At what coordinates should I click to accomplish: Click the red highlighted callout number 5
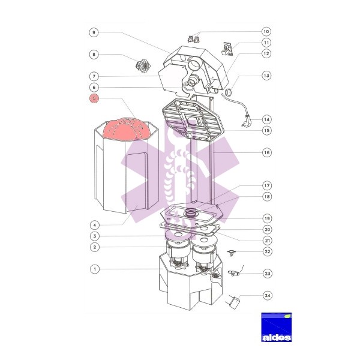coord(94,98)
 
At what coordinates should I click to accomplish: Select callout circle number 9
coord(94,32)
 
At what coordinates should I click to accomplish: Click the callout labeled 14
coord(266,119)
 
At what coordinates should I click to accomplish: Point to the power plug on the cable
coord(247,120)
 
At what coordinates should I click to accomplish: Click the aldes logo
coord(277,327)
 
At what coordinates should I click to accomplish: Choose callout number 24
coord(268,295)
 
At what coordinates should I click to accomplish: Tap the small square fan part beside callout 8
coord(143,65)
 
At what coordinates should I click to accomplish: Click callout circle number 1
coord(95,269)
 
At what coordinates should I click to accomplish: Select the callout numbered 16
coord(267,152)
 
